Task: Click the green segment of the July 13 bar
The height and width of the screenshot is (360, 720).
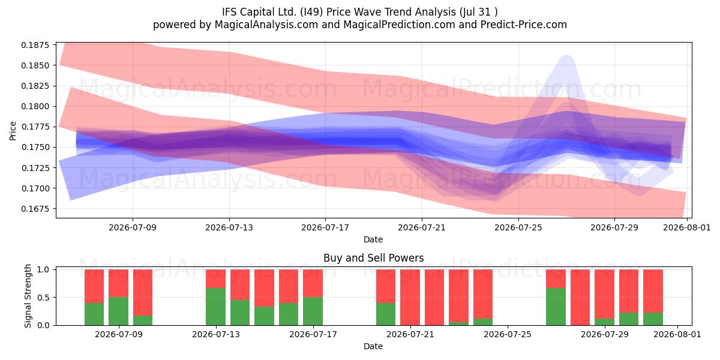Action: tap(215, 307)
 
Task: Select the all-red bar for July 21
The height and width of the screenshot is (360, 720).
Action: tap(410, 298)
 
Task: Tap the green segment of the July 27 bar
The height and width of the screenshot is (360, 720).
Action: tap(556, 307)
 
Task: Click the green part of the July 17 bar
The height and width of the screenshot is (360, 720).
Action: tap(313, 311)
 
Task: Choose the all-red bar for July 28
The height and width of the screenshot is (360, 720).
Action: tap(580, 298)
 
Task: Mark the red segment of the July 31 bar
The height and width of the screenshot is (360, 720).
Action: tap(653, 291)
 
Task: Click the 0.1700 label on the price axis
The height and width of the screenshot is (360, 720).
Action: tap(35, 188)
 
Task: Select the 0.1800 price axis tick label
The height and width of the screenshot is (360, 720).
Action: tap(35, 106)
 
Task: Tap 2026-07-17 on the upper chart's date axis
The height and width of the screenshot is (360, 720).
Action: tap(325, 227)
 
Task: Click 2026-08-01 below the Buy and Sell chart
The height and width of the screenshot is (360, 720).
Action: tap(677, 334)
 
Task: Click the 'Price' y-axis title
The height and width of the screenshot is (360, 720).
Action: tap(13, 131)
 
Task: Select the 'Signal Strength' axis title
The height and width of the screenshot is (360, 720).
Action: tap(28, 296)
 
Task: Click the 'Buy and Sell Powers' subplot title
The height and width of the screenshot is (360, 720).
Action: tap(373, 258)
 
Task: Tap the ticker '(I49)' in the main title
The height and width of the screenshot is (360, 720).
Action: tap(312, 12)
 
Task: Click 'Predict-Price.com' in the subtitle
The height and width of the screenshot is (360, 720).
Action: tap(524, 25)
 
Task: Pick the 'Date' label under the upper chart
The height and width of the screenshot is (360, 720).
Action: tap(373, 239)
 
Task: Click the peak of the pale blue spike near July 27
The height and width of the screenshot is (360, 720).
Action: tap(566, 56)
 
